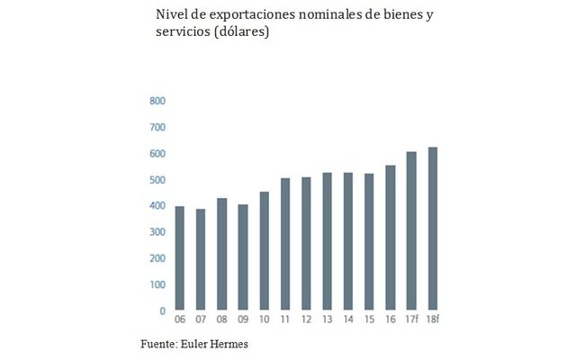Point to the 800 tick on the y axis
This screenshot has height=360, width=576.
pyautogui.click(x=157, y=101)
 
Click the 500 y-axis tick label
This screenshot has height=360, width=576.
pyautogui.click(x=157, y=180)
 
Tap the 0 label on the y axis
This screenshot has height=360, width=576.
pyautogui.click(x=162, y=311)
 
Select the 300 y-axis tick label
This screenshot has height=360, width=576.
pyautogui.click(x=157, y=232)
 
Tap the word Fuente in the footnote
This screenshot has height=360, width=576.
pyautogui.click(x=158, y=345)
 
